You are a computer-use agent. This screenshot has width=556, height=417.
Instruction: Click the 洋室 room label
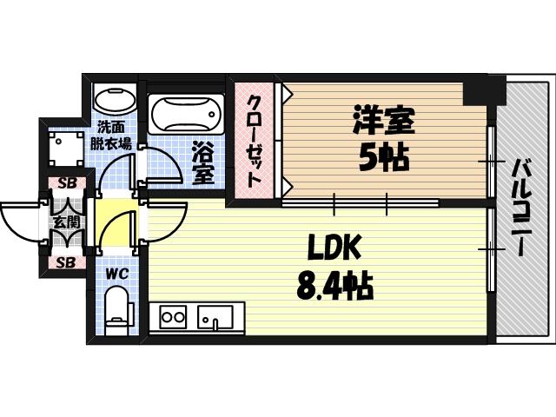[x=383, y=121]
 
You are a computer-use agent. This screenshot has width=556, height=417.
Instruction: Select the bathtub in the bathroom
[x=186, y=114]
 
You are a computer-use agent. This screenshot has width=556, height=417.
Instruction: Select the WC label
[x=116, y=275]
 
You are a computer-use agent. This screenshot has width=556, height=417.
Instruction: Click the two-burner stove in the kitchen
[x=173, y=316]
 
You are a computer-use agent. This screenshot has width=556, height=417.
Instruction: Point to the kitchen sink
[x=214, y=317]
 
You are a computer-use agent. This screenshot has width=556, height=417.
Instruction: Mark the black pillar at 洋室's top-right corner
[x=477, y=89]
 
